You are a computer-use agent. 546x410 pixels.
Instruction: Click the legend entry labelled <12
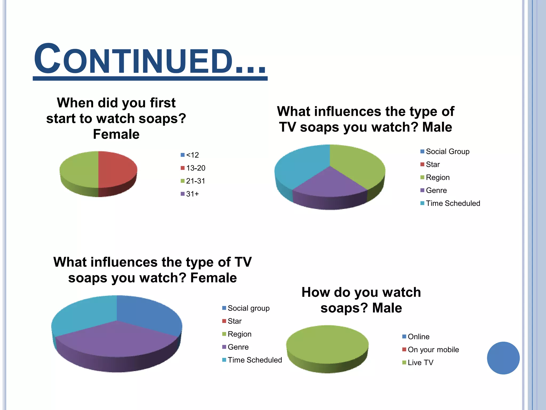pos(190,155)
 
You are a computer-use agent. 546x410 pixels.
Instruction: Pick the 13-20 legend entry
pos(193,168)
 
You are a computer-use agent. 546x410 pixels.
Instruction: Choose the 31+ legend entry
pos(190,194)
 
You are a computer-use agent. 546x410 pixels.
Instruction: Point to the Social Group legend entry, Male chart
pos(445,152)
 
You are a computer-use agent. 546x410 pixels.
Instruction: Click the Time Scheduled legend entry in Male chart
pos(450,203)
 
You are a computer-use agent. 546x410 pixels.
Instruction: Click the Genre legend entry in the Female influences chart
pos(235,347)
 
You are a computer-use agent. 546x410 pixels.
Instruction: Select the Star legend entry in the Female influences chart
pos(232,321)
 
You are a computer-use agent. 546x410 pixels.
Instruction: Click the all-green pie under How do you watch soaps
pos(327,344)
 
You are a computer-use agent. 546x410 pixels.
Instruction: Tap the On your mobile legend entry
pos(431,350)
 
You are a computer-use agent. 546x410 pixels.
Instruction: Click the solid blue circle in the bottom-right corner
pos(503,358)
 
